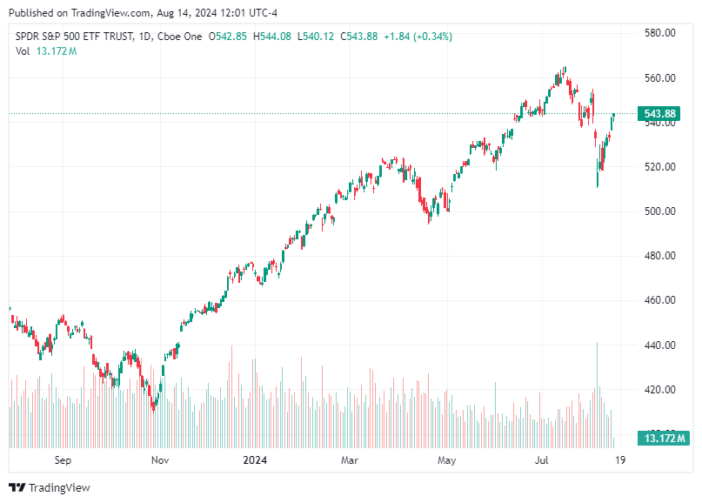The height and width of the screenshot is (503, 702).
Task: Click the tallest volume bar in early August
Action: (597, 392)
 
